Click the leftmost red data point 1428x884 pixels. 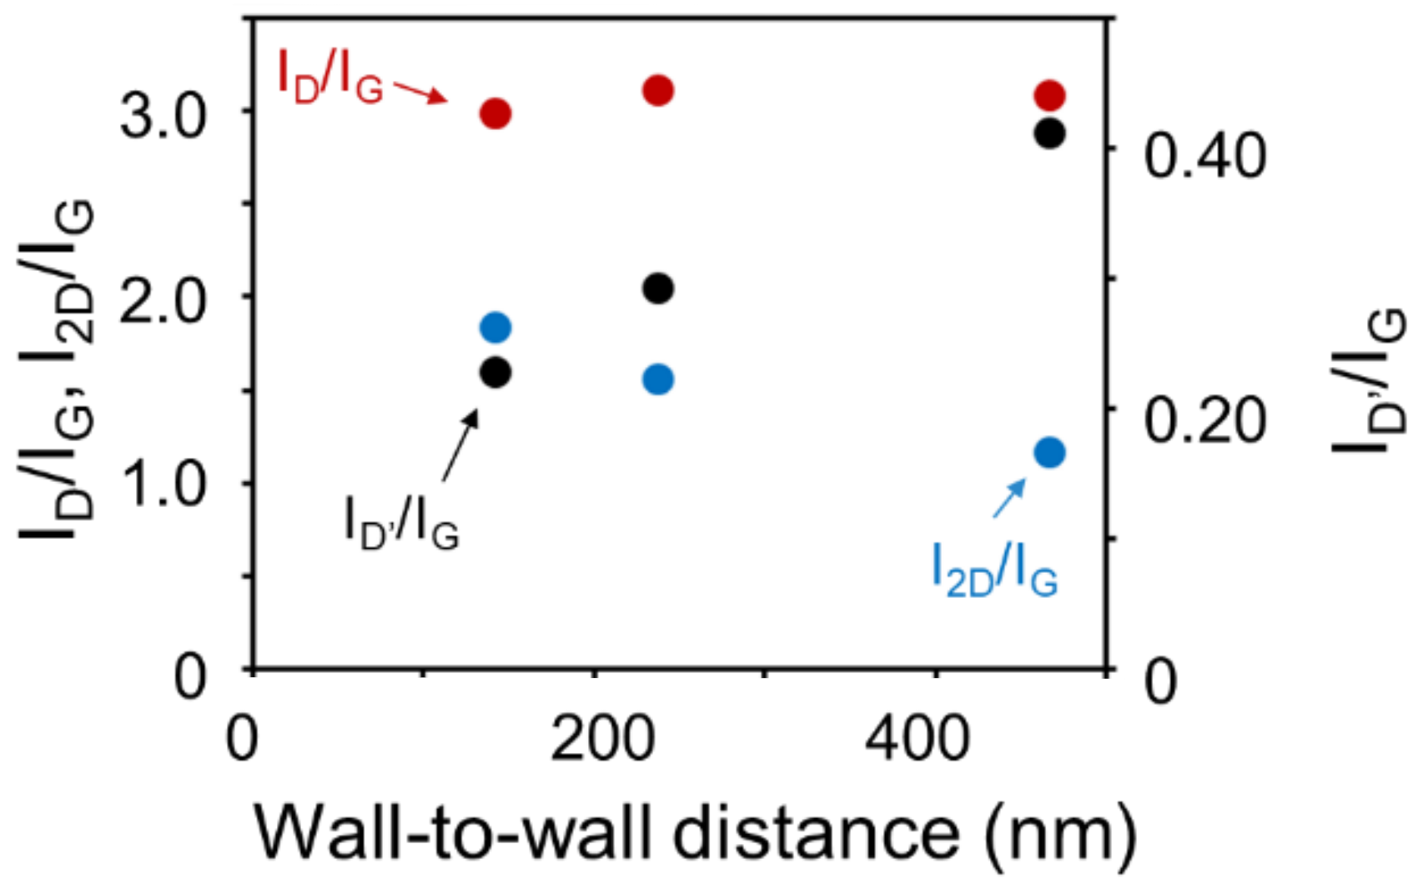495,113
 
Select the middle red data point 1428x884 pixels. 658,90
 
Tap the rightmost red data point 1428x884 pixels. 1049,96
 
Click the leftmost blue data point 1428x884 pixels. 495,327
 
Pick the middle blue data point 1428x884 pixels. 658,379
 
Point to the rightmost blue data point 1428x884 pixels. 1049,453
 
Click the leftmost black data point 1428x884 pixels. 495,372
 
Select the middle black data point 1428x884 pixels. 658,289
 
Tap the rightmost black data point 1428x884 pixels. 1049,133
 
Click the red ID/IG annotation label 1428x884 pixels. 330,77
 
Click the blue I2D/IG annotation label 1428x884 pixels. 994,570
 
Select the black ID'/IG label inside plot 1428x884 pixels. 401,523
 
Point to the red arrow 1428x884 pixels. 420,92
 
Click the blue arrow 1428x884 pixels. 1009,498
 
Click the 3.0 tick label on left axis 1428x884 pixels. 163,115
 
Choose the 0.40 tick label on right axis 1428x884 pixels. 1204,155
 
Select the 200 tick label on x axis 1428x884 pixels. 602,739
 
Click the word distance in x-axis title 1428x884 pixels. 816,833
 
